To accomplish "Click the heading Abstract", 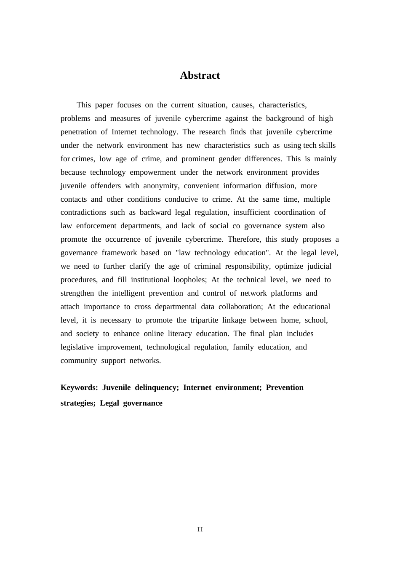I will (x=200, y=75).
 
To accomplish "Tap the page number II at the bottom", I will (x=200, y=529).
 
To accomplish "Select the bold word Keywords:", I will (x=79, y=387).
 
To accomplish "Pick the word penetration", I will (x=78, y=132).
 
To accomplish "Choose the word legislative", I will (x=77, y=347).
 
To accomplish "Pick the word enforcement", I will (x=96, y=226).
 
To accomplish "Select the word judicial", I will (x=319, y=266).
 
